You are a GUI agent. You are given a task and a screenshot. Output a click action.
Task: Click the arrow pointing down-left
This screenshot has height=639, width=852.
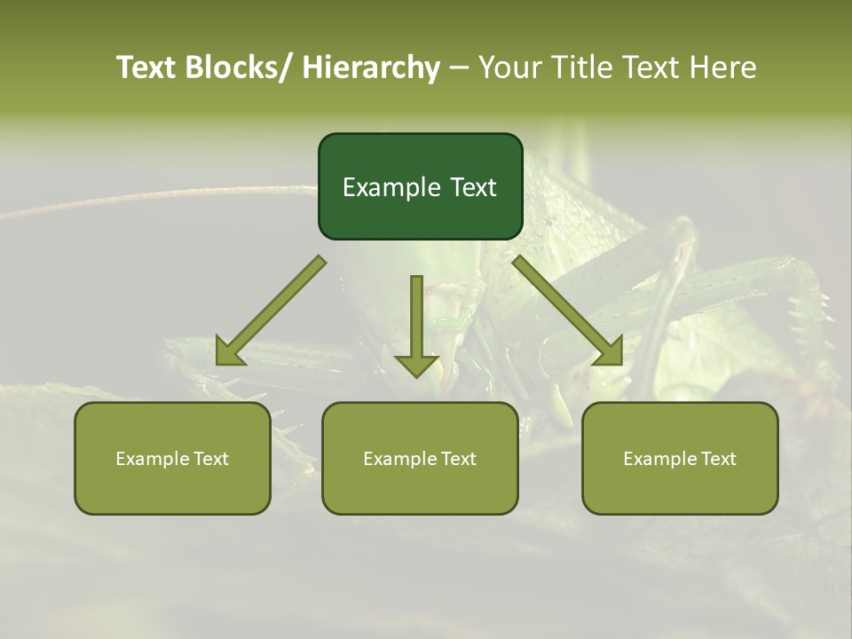tap(271, 311)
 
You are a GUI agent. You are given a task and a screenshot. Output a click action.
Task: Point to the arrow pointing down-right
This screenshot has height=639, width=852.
tap(568, 311)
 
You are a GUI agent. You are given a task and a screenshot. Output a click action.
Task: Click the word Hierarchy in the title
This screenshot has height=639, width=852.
tap(371, 67)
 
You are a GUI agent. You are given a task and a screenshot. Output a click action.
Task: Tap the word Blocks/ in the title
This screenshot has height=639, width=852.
tap(240, 67)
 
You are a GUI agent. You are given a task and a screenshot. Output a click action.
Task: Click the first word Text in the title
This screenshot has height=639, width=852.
tap(147, 67)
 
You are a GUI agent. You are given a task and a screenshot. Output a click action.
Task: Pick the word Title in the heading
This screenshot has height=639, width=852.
tap(579, 67)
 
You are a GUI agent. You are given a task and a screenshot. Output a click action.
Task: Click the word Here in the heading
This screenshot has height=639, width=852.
tap(725, 67)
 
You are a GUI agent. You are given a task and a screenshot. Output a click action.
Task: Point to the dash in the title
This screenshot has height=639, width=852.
tap(459, 67)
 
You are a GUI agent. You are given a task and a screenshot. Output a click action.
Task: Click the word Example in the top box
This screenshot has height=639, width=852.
tap(391, 187)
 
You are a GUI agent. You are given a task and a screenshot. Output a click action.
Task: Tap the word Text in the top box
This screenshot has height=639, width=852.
tap(472, 187)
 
